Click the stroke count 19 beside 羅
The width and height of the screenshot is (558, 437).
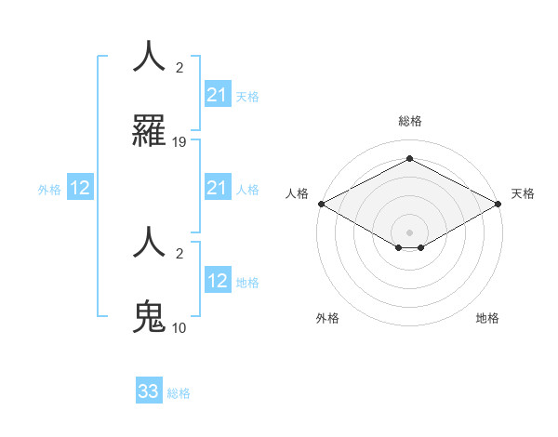pyautogui.click(x=179, y=142)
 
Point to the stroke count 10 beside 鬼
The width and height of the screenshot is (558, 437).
pyautogui.click(x=179, y=327)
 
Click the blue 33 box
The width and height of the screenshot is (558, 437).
pyautogui.click(x=149, y=391)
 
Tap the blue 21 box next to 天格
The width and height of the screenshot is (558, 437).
pyautogui.click(x=218, y=95)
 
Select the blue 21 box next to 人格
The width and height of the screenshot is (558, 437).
pyautogui.click(x=218, y=189)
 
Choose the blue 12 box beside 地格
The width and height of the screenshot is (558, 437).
pyautogui.click(x=218, y=281)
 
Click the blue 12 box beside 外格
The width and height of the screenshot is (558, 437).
pyautogui.click(x=80, y=189)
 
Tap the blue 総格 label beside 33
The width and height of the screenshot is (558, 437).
pyautogui.click(x=179, y=392)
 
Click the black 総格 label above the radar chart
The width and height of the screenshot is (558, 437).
pyautogui.click(x=409, y=121)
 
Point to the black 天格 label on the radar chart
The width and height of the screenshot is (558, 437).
pyautogui.click(x=523, y=193)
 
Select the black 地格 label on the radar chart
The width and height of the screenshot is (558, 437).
pyautogui.click(x=487, y=318)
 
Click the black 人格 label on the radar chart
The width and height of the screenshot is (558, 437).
pyautogui.click(x=297, y=193)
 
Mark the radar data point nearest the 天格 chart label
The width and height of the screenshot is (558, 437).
pyautogui.click(x=498, y=204)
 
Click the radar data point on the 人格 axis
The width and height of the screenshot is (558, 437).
pyautogui.click(x=321, y=204)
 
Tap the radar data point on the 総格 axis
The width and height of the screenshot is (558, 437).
pyautogui.click(x=409, y=159)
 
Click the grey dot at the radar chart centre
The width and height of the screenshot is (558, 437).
pyautogui.click(x=409, y=232)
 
